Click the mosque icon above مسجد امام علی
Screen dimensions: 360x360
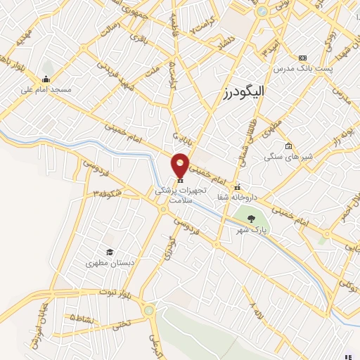pyautogui.click(x=46, y=78)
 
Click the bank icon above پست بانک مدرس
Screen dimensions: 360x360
pyautogui.click(x=302, y=58)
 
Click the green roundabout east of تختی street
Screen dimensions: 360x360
pyautogui.click(x=148, y=310)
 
